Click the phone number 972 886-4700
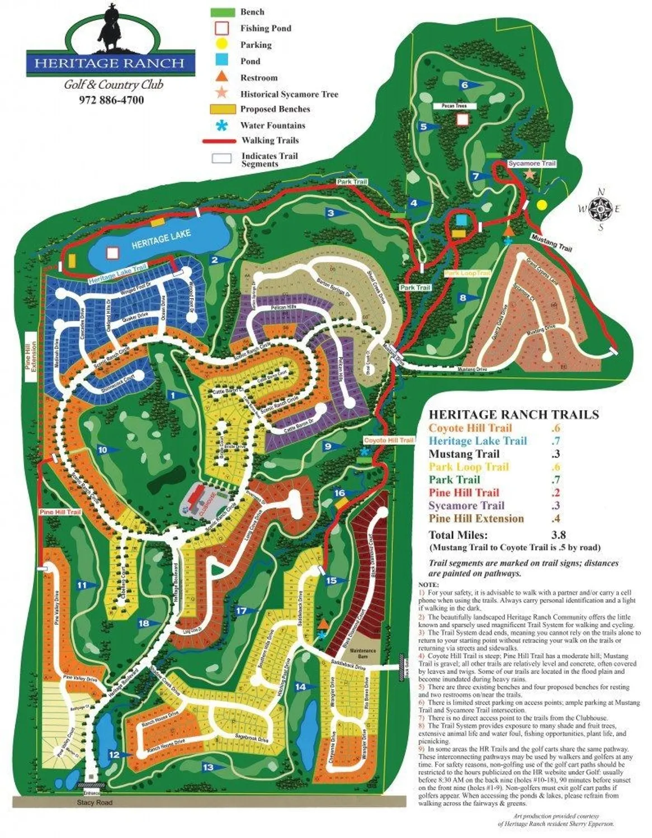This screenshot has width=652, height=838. click(111, 101)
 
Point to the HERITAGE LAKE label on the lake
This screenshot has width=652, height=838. click(161, 238)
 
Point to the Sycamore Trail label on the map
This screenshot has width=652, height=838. click(532, 164)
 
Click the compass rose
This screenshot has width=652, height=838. click(601, 209)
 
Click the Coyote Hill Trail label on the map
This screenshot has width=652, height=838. click(389, 441)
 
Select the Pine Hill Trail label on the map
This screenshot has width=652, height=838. click(59, 512)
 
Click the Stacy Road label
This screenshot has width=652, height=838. click(95, 803)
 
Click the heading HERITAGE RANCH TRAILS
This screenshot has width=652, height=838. click(513, 415)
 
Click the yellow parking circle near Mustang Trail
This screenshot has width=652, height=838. click(541, 204)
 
